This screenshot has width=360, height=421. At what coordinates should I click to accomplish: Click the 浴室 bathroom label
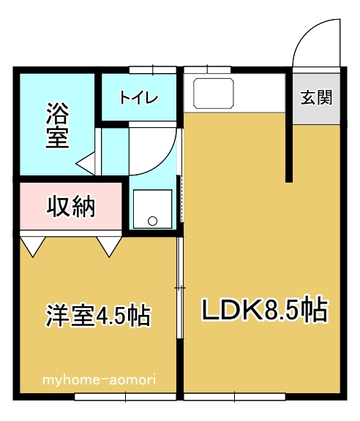58,126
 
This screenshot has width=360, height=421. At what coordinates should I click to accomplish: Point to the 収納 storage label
71,207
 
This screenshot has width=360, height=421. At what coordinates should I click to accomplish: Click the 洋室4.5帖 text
98,316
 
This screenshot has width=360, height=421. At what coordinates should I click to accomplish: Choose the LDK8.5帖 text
263,311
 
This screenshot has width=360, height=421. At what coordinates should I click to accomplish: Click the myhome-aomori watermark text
98,380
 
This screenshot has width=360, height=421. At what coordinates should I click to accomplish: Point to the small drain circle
152,220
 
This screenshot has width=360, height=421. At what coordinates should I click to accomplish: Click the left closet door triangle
31,246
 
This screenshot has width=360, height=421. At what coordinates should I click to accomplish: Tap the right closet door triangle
110,246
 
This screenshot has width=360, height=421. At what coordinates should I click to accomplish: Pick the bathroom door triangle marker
86,163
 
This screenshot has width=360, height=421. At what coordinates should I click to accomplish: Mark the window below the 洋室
125,397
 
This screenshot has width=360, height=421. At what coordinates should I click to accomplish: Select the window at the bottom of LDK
234,397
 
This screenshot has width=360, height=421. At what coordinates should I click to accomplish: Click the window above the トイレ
152,70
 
